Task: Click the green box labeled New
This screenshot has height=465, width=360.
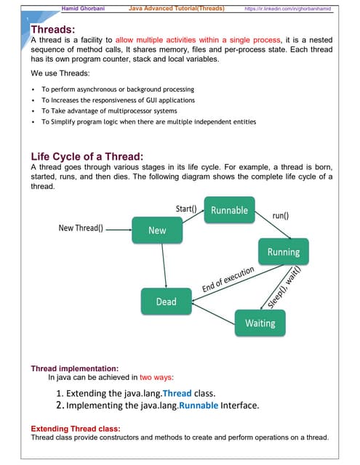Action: (157, 230)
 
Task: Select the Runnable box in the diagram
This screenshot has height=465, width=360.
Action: (229, 211)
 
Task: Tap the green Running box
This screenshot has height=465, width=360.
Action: (284, 252)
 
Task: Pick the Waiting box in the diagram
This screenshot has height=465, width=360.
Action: (260, 323)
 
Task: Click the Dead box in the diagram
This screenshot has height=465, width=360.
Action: (166, 301)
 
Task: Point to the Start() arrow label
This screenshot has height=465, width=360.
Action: (187, 210)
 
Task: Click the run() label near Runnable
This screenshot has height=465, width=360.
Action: (281, 216)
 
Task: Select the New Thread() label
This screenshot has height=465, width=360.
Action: (80, 228)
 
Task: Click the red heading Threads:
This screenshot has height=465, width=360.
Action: (54, 29)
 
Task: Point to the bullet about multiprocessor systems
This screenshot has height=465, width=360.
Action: (109, 110)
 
